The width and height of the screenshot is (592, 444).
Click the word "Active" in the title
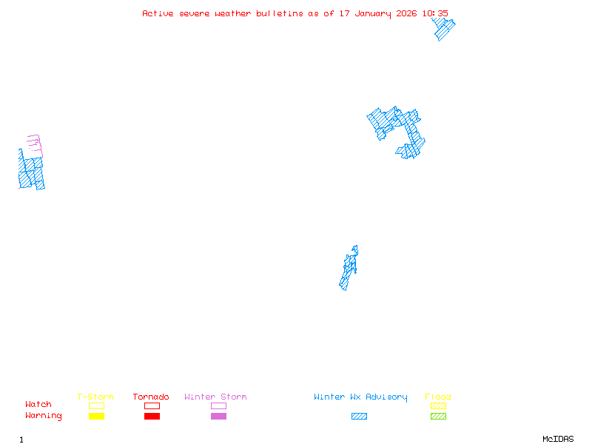pyautogui.click(x=158, y=13)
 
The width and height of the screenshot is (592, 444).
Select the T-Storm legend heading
pyautogui.click(x=95, y=397)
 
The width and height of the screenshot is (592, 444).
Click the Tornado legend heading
pyautogui.click(x=151, y=397)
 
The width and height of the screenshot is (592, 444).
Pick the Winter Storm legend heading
pyautogui.click(x=215, y=397)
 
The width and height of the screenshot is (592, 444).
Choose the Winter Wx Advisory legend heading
pyautogui.click(x=360, y=397)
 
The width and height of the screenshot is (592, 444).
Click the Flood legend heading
pyautogui.click(x=438, y=397)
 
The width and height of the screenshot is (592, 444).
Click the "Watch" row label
pyautogui.click(x=38, y=405)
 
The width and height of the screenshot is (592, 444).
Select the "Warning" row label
pyautogui.click(x=44, y=416)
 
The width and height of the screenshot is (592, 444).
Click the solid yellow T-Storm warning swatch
pyautogui.click(x=96, y=417)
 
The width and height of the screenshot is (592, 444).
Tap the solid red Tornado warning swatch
pyautogui.click(x=152, y=417)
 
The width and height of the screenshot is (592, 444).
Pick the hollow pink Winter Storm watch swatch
pyautogui.click(x=218, y=406)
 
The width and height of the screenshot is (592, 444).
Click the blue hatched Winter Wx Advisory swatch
pyautogui.click(x=359, y=417)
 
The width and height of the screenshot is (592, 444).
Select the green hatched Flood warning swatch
pyautogui.click(x=438, y=417)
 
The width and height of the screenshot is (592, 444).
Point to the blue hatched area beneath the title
pyautogui.click(x=443, y=28)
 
